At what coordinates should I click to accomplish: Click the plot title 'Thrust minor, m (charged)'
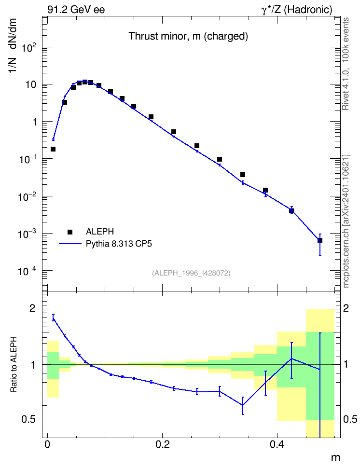click(x=188, y=36)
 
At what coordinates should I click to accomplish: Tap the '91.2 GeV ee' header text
click(x=76, y=10)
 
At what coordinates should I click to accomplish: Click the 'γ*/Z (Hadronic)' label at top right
click(x=297, y=10)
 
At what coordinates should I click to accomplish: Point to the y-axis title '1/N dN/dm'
click(x=13, y=45)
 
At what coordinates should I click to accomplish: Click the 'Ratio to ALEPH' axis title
click(x=14, y=364)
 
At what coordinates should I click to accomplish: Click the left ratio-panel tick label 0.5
click(x=29, y=420)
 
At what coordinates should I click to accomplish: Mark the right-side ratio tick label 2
click(x=346, y=308)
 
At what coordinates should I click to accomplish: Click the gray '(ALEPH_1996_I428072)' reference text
click(x=191, y=273)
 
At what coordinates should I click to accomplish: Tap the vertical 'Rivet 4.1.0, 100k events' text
click(x=346, y=64)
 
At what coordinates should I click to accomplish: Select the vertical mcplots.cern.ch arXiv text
click(x=346, y=221)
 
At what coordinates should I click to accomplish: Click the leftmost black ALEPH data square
click(x=53, y=149)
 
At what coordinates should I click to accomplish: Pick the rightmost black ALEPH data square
click(x=320, y=240)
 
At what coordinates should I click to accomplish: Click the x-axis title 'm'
click(x=335, y=458)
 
